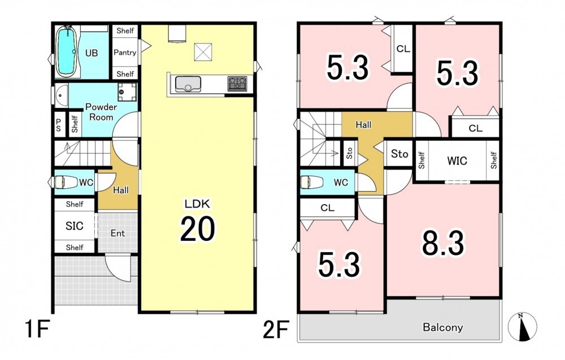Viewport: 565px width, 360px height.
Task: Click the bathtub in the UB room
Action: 66,51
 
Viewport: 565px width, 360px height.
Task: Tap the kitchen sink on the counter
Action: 188,84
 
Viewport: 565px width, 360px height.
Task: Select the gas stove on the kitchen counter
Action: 237,84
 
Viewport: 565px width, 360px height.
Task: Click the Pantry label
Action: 125,52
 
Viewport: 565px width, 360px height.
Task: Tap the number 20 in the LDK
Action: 197,228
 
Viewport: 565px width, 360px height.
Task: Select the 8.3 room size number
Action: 443,243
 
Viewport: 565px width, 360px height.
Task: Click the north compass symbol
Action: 522,327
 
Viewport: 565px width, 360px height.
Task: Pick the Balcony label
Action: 442,327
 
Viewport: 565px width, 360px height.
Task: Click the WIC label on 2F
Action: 457,161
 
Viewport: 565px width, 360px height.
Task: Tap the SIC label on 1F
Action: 75,226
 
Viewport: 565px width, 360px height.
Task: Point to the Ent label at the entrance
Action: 118,233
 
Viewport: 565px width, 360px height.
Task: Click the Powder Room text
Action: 101,112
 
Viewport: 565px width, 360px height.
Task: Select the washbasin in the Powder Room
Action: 62,96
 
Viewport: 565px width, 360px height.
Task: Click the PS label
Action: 58,125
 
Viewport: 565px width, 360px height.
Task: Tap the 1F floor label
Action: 37,329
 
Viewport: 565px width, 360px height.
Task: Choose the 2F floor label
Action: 276,329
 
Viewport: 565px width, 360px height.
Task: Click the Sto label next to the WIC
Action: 399,154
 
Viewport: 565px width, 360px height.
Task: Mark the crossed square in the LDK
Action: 203,51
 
